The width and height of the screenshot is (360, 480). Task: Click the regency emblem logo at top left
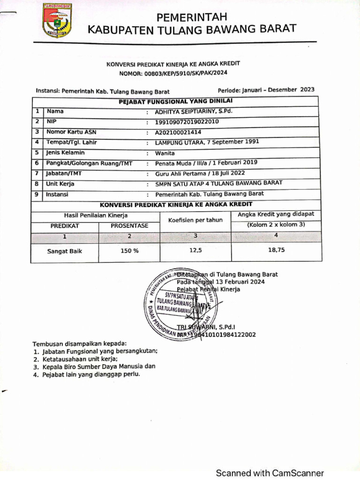point(57,21)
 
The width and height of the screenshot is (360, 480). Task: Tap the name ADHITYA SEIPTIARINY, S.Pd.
point(194,112)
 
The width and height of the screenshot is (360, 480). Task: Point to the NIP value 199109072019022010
point(187,122)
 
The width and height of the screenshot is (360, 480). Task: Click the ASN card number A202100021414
point(178,132)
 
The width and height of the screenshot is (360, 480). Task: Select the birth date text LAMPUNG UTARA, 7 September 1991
point(207,142)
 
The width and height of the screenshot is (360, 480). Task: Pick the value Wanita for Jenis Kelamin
point(165,153)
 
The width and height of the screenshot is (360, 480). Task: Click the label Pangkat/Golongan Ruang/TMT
point(86,163)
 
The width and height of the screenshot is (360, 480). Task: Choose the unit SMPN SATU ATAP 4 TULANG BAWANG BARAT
point(219,183)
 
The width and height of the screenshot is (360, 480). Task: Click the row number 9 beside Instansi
point(37,194)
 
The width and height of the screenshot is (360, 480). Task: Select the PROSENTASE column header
point(129,225)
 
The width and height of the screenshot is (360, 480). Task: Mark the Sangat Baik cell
point(65,251)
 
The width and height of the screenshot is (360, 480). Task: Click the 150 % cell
point(129,251)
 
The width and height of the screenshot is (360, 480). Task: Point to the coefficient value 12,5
point(195,250)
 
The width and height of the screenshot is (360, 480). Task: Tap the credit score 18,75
point(276,250)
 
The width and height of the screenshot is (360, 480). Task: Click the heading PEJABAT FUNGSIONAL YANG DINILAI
point(176,101)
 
